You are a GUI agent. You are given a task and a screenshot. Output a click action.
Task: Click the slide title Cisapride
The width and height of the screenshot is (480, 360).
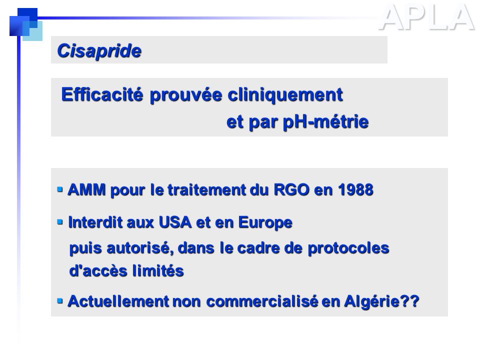coord(99,50)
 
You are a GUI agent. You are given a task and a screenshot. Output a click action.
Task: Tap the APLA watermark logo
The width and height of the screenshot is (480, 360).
coord(426,18)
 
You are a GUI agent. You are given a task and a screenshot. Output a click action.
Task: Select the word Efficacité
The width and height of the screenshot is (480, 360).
coord(102,94)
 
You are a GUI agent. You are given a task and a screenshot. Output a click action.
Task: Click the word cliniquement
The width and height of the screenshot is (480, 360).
coord(285,95)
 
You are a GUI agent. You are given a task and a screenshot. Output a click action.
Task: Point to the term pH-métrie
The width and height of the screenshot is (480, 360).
coord(325,122)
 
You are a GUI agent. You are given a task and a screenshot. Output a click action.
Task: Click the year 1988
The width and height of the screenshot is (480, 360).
coord(355,189)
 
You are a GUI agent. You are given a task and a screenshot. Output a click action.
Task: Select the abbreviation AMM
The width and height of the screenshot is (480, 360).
coord(87,189)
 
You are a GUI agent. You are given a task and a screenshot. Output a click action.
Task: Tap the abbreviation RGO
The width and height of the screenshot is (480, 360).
coord(291,189)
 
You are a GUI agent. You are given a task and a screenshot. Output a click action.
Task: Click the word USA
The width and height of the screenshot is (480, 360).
coord(175,222)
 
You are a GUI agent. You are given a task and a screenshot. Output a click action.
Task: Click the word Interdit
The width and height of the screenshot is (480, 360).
coord(95,222)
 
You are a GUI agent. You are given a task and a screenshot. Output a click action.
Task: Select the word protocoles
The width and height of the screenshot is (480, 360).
coord(348,248)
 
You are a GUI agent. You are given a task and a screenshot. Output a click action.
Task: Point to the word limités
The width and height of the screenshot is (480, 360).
coord(157,271)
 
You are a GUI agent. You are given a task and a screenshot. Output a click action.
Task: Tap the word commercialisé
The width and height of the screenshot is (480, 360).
coord(262,301)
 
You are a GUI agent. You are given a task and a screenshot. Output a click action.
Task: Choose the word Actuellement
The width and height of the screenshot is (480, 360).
coord(118,301)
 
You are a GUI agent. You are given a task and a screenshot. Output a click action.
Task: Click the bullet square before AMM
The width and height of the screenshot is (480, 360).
coord(60,189)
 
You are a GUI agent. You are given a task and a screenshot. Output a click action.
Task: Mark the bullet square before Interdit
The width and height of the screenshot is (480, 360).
coord(60,221)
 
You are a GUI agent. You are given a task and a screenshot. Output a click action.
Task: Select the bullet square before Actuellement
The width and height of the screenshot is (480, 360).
coord(60,301)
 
